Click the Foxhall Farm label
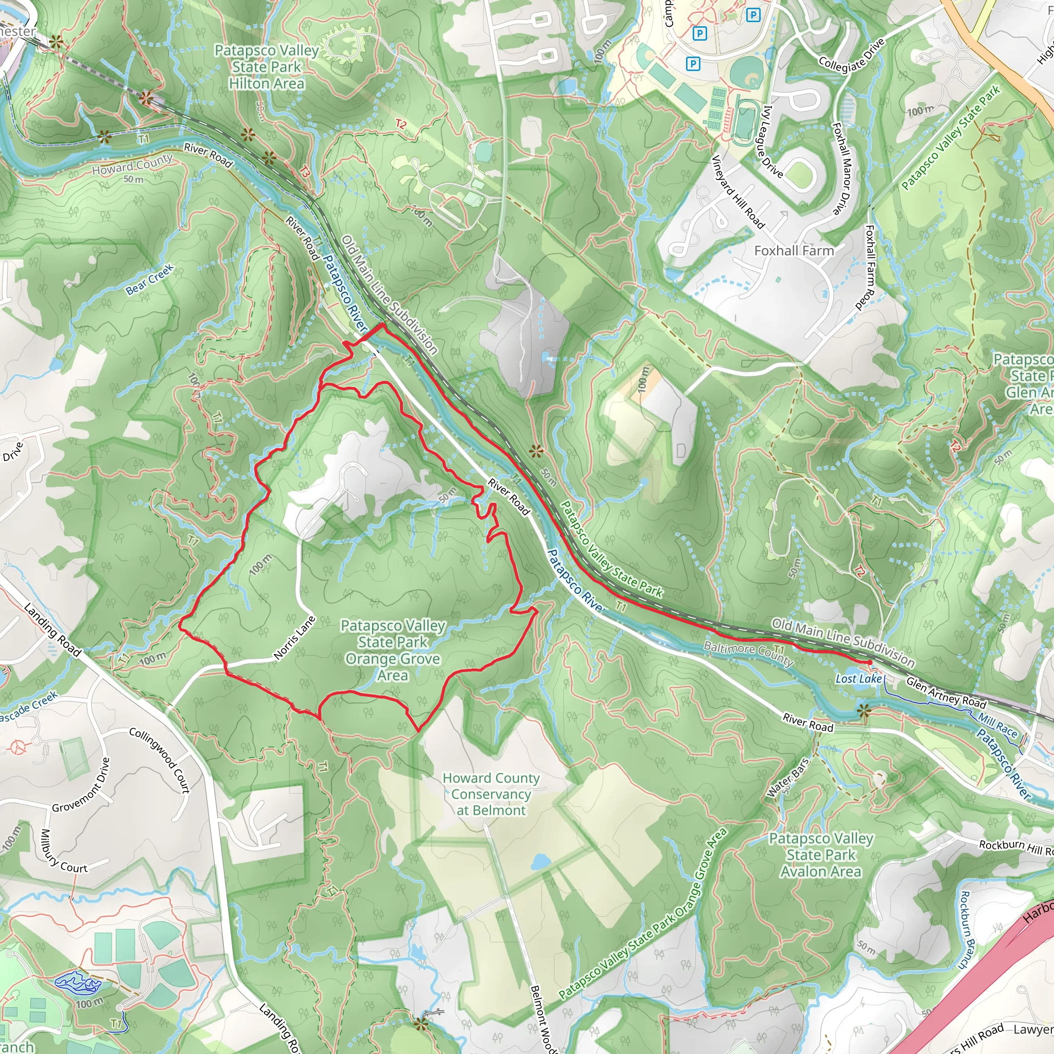pos(794,251)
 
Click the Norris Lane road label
pos(295,638)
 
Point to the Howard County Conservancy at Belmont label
pos(491,794)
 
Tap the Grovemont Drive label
pos(81,785)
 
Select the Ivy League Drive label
pos(772,142)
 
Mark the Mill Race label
pos(997,725)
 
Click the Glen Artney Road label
pos(946,693)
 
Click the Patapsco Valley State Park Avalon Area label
pos(820,855)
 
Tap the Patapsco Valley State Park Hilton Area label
pos(266,67)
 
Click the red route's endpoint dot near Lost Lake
pos(869,662)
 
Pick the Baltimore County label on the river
pos(748,654)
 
